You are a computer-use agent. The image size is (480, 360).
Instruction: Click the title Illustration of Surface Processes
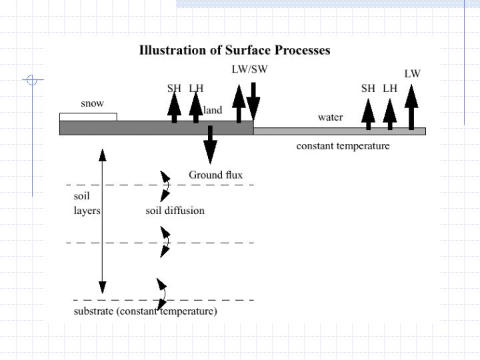pyautogui.click(x=234, y=50)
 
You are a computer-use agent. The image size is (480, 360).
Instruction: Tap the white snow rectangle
pyautogui.click(x=88, y=117)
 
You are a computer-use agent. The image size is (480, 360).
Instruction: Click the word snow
pyautogui.click(x=92, y=104)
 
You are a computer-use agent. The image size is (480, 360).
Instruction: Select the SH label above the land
pyautogui.click(x=174, y=87)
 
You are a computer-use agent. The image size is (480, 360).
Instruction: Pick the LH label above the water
pyautogui.click(x=390, y=88)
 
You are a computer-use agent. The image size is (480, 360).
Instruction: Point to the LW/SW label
pyautogui.click(x=249, y=69)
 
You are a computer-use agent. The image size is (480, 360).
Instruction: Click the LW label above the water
pyautogui.click(x=412, y=73)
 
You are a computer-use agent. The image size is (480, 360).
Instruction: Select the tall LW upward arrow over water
pyautogui.click(x=411, y=107)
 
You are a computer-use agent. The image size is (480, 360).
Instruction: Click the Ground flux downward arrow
pyautogui.click(x=210, y=145)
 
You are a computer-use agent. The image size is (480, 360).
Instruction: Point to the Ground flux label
pyautogui.click(x=215, y=175)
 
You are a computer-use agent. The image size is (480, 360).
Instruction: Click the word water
pyautogui.click(x=331, y=117)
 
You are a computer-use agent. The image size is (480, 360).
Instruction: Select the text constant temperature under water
pyautogui.click(x=343, y=145)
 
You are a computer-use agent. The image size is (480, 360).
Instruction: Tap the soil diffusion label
pyautogui.click(x=175, y=211)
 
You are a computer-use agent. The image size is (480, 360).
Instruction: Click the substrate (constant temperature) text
pyautogui.click(x=145, y=311)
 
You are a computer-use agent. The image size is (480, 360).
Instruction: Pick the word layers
pyautogui.click(x=87, y=211)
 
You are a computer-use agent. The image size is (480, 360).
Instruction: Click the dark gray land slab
pyautogui.click(x=156, y=128)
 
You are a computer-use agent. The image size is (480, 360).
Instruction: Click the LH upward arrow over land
pyautogui.click(x=195, y=107)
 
